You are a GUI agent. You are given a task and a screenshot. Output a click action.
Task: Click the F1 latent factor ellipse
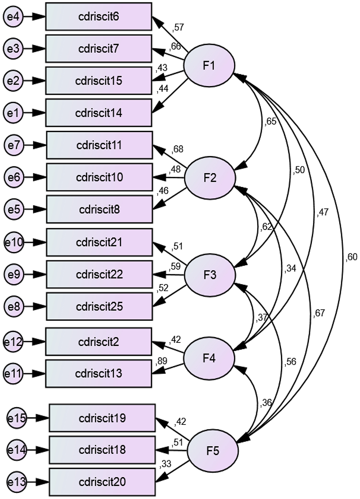click(x=209, y=65)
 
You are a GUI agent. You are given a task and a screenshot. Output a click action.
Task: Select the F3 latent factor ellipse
click(x=210, y=275)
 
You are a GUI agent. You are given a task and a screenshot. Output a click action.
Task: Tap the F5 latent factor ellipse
click(x=213, y=451)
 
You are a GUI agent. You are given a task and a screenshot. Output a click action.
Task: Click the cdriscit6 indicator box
click(x=99, y=17)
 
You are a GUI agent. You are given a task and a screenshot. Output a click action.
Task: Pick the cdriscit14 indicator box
click(x=99, y=113)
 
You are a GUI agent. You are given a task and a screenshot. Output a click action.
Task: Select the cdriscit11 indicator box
click(x=99, y=145)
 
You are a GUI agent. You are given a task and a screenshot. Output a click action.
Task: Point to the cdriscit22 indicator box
click(x=99, y=274)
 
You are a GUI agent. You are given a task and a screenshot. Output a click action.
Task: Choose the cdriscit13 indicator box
click(x=99, y=373)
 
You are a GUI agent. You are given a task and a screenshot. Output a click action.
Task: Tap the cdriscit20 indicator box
click(x=102, y=482)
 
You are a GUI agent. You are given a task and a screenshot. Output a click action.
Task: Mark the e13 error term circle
click(x=17, y=482)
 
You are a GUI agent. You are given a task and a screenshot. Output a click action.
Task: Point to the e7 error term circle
click(x=14, y=145)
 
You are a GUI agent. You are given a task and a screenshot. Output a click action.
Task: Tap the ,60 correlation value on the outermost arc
click(x=351, y=257)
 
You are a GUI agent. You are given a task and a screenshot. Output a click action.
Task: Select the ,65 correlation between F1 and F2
click(x=270, y=122)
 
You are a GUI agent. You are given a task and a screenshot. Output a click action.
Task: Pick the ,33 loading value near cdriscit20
click(x=165, y=464)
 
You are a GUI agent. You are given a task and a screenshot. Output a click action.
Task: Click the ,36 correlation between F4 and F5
click(x=266, y=403)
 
